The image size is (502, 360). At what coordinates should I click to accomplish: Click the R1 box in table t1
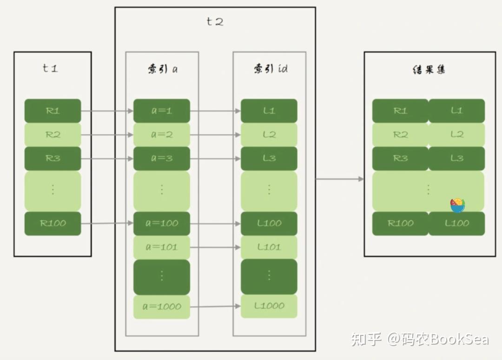coord(53,111)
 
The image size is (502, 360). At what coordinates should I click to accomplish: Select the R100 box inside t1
coord(53,223)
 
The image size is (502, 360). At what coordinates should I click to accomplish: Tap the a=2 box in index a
coord(162,135)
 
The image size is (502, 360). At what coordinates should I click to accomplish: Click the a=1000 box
coord(162,307)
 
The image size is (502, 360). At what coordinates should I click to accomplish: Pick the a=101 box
coord(162,247)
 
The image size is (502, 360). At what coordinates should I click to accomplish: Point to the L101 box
coord(269,247)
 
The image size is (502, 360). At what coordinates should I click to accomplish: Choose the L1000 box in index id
coord(269,306)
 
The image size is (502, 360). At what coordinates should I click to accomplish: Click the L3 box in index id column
coord(269,158)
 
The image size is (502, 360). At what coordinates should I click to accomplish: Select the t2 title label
coord(215,22)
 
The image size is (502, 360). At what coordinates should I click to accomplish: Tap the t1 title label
coord(50,68)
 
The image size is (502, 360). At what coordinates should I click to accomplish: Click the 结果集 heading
coord(429,70)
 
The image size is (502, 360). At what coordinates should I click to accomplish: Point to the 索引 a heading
coord(162,69)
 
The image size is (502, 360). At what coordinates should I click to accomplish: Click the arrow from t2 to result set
coord(339,179)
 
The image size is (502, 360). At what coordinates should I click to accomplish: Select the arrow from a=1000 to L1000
coord(215,307)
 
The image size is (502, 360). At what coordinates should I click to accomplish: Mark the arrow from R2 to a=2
coord(107,135)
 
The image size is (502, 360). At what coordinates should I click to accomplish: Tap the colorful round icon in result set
coord(457,205)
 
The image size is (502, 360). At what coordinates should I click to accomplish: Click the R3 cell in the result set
coord(400,158)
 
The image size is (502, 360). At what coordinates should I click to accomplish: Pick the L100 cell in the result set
coord(456,223)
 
